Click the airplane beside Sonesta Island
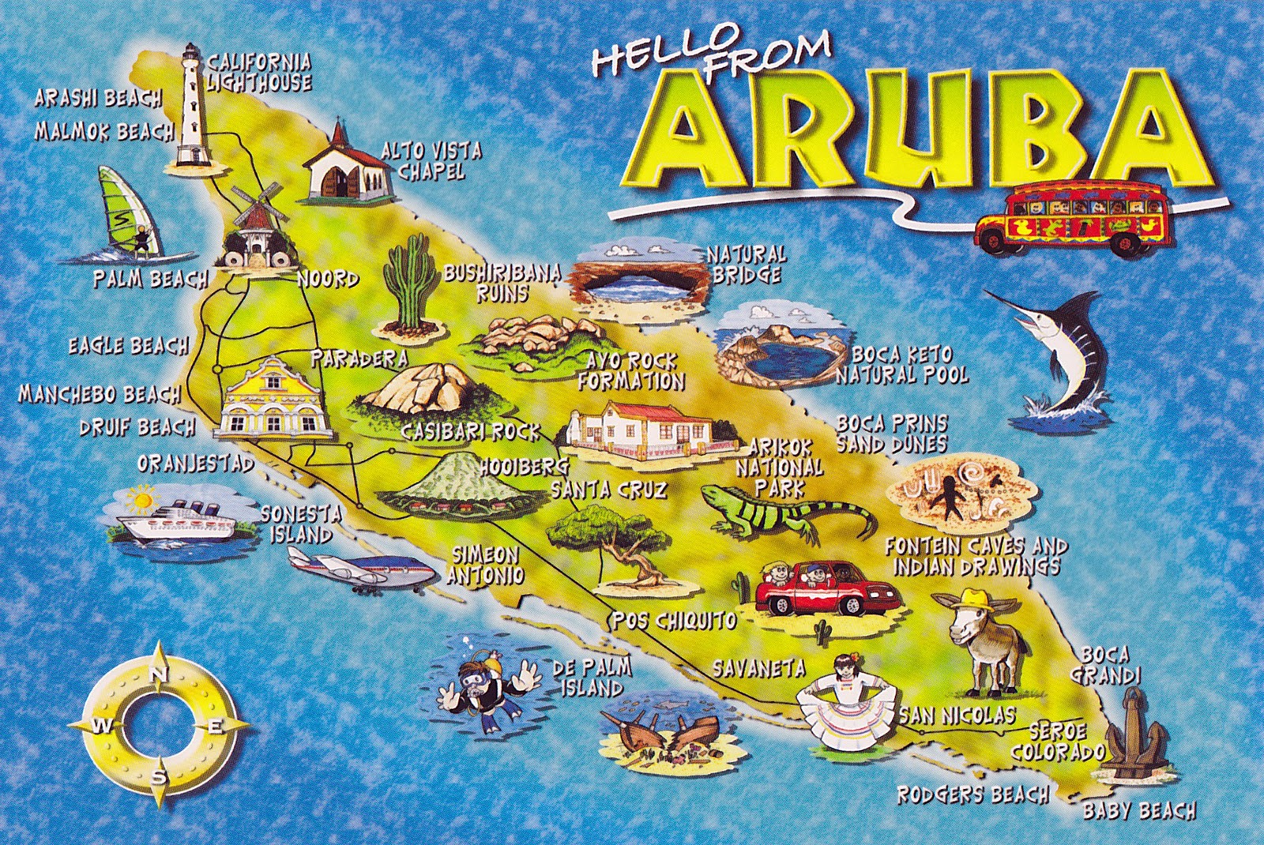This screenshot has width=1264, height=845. [x=359, y=570]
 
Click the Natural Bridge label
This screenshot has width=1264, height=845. [x=746, y=265]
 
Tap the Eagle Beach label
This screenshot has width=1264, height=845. [x=128, y=346]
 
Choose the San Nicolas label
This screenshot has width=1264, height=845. [x=957, y=715]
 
